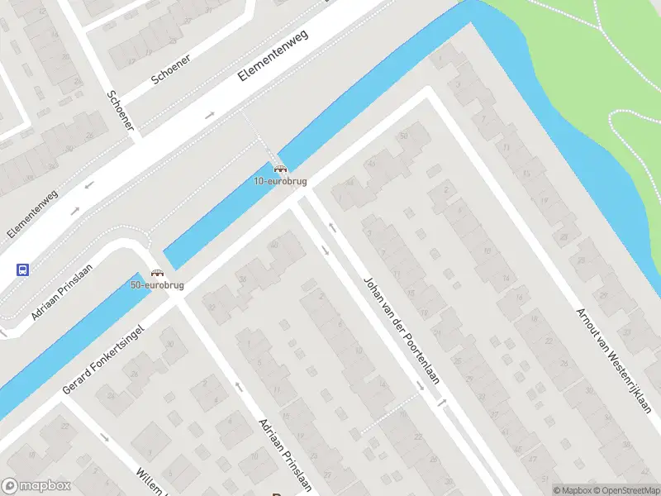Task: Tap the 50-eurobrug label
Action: (157, 285)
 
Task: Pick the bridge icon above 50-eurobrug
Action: (157, 274)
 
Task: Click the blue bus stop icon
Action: (22, 269)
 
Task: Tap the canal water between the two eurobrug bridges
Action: (219, 217)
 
